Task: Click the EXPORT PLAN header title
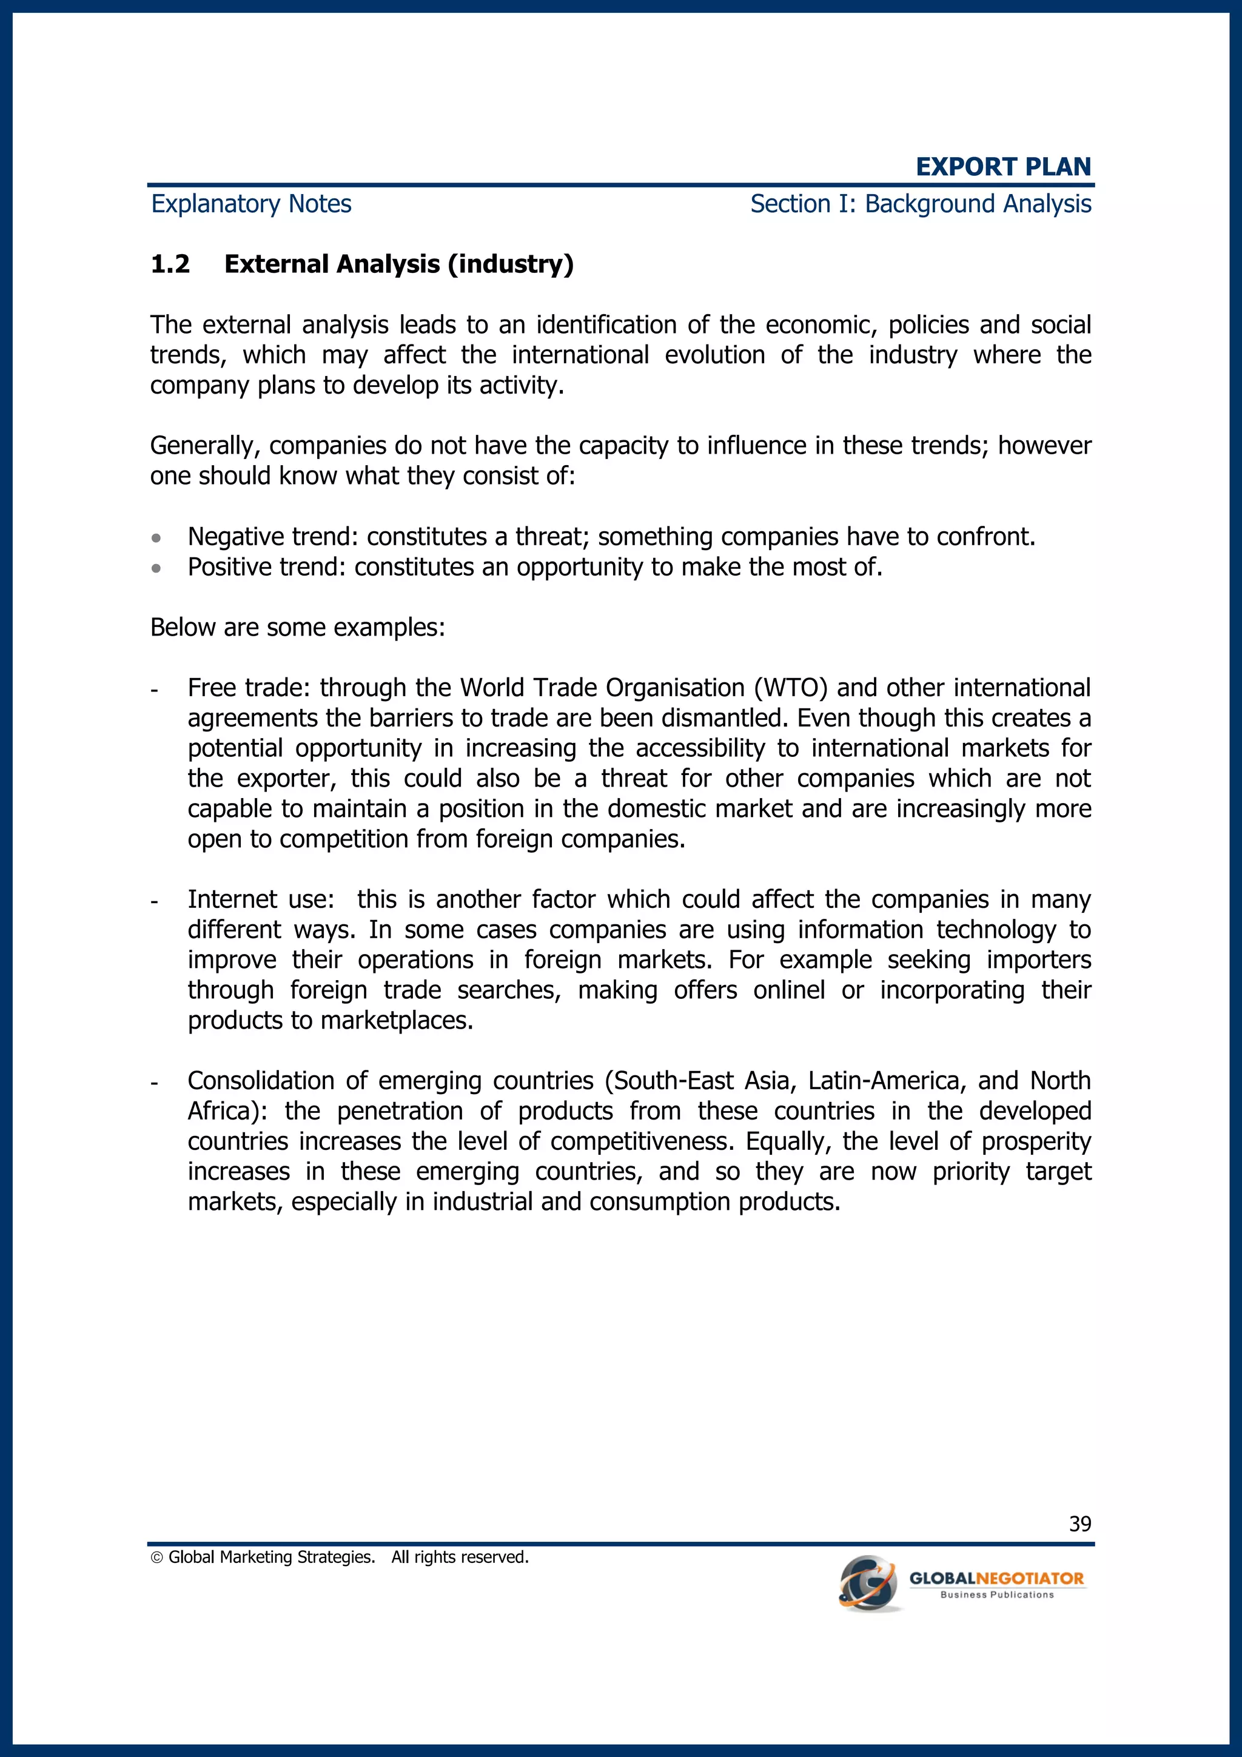1002,166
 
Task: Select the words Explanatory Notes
251,204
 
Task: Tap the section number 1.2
170,264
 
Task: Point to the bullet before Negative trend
156,539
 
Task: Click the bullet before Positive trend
156,568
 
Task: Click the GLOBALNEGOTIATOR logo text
996,1578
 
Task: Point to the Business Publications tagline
996,1595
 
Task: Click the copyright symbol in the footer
157,1557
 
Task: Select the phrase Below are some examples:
297,628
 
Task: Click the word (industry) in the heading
511,264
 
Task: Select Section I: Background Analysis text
920,204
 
